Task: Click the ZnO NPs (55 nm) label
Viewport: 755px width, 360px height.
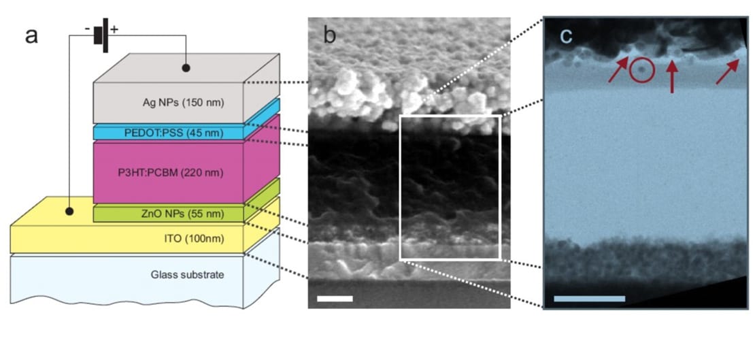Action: (169, 214)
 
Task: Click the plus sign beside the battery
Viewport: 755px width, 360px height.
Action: (114, 29)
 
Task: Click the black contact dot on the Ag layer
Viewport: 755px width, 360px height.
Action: (186, 68)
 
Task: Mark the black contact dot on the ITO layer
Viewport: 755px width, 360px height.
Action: (69, 212)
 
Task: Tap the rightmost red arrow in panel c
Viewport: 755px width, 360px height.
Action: (727, 71)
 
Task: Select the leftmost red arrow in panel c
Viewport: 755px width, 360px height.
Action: (618, 71)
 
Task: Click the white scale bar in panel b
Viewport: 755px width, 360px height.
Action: (335, 298)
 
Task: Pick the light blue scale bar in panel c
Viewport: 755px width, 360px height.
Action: (589, 298)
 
